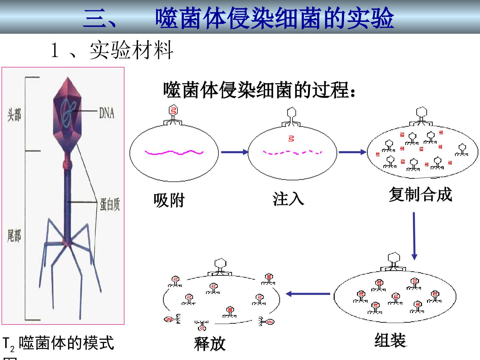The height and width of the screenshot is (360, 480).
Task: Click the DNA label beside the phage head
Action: click(x=107, y=113)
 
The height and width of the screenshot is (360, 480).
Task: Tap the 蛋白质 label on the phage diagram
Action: click(x=110, y=204)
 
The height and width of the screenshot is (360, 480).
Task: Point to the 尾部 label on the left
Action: click(x=14, y=236)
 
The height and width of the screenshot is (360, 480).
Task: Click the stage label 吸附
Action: click(x=169, y=200)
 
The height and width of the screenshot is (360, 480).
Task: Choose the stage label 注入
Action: click(x=288, y=199)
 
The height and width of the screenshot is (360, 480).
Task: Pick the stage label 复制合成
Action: click(x=420, y=194)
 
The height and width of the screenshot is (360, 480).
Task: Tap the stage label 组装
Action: click(x=391, y=340)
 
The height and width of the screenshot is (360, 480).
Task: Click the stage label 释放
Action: click(x=210, y=344)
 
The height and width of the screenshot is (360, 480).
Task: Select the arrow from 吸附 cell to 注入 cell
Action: click(x=235, y=152)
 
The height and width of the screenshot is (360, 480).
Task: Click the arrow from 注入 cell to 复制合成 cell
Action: click(x=353, y=152)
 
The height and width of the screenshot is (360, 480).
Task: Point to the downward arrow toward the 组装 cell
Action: click(x=414, y=236)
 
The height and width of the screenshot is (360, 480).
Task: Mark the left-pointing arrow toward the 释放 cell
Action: click(x=308, y=294)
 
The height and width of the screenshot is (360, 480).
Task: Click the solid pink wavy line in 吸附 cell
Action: click(x=174, y=152)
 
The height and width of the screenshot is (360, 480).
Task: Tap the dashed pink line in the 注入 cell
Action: click(x=292, y=152)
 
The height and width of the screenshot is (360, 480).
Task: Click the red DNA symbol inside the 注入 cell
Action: click(x=291, y=139)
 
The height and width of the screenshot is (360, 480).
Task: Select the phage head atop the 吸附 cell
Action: click(x=173, y=110)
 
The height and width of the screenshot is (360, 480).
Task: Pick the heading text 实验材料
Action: click(x=131, y=50)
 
